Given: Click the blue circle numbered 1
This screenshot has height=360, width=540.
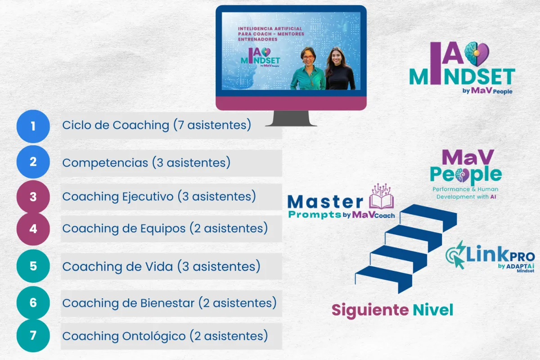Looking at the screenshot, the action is tap(33, 126).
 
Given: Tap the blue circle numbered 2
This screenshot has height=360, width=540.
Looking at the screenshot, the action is tap(33, 162).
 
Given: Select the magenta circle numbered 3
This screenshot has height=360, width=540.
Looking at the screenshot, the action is tap(33, 197).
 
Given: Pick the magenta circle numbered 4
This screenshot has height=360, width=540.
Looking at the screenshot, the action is tap(33, 229).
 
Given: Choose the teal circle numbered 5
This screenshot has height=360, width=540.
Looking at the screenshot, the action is tap(33, 266).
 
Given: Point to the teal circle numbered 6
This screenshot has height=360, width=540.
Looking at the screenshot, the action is tap(33, 303).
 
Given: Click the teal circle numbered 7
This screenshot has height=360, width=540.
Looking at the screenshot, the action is tap(33, 336).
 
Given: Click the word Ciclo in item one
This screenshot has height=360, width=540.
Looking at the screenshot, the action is tap(76, 125).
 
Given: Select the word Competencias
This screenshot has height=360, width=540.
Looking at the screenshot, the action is tap(105, 163).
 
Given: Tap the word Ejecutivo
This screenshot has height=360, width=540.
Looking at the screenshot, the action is tap(148, 197).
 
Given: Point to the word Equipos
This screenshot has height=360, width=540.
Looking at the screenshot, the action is tap(163, 229).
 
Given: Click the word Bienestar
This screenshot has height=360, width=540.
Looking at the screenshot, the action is tap(167, 303).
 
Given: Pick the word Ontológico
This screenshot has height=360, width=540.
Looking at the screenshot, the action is tap(154, 336).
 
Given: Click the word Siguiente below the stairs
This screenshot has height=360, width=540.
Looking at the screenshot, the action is tap(370, 310).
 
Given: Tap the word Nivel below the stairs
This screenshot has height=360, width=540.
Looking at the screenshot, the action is tap(433, 310).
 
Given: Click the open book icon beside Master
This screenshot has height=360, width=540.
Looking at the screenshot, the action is tap(382, 197).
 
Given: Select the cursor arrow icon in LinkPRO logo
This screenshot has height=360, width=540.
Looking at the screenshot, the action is tap(459, 262).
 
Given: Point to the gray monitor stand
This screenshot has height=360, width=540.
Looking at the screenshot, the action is tap(291, 118).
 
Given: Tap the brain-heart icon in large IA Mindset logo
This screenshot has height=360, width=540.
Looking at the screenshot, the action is tap(477, 54).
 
